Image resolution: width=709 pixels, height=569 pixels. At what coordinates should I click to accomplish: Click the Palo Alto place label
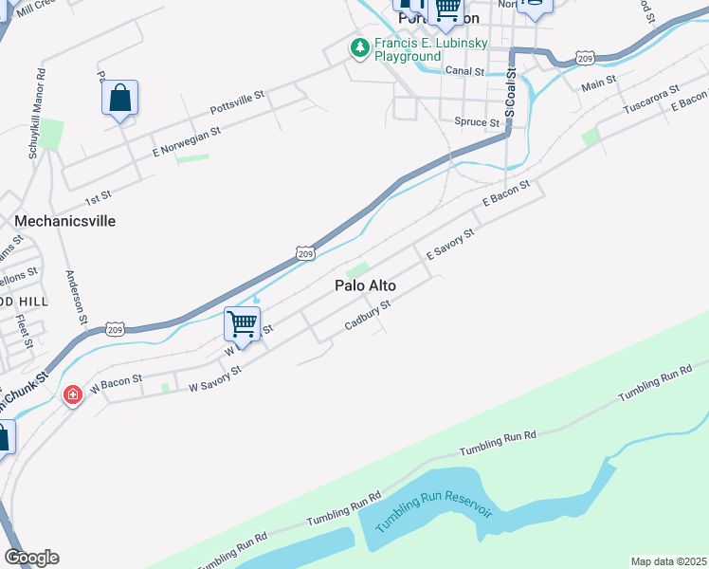[365, 285]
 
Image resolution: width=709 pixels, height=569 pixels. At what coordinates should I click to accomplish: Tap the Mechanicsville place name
[64, 220]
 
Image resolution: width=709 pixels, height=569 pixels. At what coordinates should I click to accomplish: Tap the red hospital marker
[72, 395]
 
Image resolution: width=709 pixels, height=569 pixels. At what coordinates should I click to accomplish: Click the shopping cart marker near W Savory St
[243, 324]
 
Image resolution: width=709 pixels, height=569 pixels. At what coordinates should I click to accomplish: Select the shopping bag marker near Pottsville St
[120, 98]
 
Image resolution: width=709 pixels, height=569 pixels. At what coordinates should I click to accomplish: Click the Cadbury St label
[368, 316]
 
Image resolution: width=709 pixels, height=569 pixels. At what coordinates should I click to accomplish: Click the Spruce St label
[477, 122]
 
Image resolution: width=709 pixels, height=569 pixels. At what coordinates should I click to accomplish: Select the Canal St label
[464, 71]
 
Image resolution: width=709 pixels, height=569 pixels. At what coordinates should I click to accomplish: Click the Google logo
[31, 558]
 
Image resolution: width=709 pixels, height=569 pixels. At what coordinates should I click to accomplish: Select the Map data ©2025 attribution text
[668, 561]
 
